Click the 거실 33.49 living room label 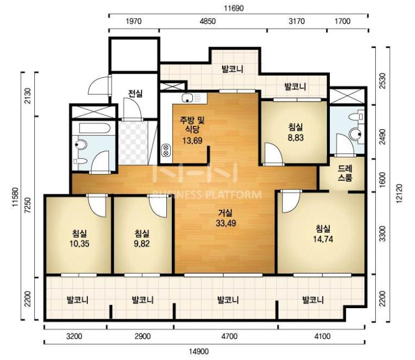click(226, 218)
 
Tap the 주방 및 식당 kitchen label click(192, 125)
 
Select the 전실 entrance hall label click(135, 93)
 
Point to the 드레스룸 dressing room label click(345, 173)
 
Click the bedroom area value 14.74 click(323, 240)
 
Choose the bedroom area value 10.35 click(79, 243)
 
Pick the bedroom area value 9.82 click(141, 243)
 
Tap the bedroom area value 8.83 click(296, 138)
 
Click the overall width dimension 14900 click(199, 351)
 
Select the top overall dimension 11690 click(234, 8)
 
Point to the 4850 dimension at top click(208, 21)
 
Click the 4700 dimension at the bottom click(229, 336)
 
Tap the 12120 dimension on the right click(398, 193)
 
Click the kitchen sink click(187, 98)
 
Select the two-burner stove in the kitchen click(166, 150)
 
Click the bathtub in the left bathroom click(94, 129)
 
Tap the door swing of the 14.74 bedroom click(290, 202)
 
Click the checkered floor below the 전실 click(133, 142)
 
